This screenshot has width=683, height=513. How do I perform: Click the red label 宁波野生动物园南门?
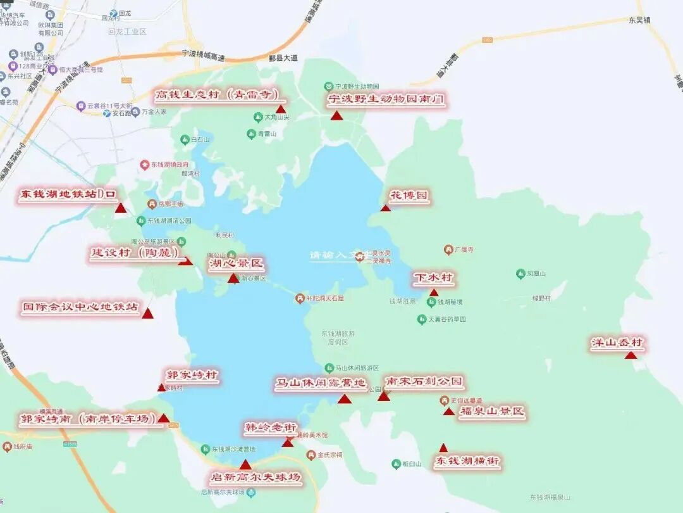[386, 99]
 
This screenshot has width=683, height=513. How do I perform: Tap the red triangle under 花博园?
[385, 208]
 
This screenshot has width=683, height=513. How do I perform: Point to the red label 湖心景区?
[235, 263]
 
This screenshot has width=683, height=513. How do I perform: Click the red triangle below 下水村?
[434, 293]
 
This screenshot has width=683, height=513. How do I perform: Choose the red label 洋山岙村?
[617, 343]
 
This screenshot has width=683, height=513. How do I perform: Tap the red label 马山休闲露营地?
[320, 384]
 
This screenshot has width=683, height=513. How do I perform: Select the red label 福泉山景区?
[492, 412]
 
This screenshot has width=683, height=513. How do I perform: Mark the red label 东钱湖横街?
[467, 462]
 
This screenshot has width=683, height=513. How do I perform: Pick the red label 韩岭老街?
[271, 428]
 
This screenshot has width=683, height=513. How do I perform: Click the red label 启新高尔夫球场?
[255, 477]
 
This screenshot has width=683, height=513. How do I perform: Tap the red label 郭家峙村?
[192, 375]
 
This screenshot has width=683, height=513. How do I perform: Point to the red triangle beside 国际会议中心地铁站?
[147, 313]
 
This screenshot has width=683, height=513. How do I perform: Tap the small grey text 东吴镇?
[639, 20]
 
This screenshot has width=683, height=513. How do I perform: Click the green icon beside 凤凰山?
[520, 274]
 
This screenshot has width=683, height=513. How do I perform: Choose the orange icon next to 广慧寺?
[448, 250]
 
